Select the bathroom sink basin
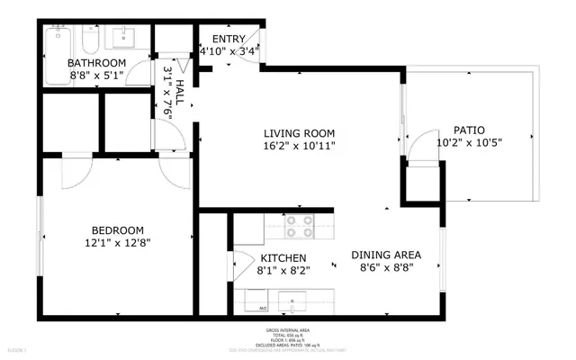pyautogui.click(x=123, y=38)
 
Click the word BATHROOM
pyautogui.click(x=97, y=62)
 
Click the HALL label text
pyautogui.click(x=179, y=92)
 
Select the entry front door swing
pyautogui.click(x=255, y=40)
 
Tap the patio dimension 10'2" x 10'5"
pyautogui.click(x=468, y=142)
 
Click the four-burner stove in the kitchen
pyautogui.click(x=299, y=227)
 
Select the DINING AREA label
pyautogui.click(x=386, y=254)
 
